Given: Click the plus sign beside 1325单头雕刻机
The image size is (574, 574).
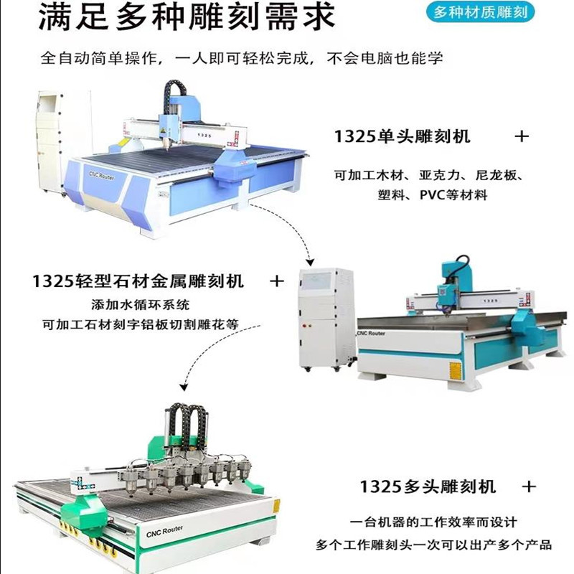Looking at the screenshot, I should [x=522, y=135].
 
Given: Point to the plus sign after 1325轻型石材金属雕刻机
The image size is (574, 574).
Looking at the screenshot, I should [x=276, y=281].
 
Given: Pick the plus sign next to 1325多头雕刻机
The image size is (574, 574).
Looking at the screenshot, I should [x=529, y=486].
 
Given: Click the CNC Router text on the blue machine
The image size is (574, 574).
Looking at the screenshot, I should [x=105, y=177].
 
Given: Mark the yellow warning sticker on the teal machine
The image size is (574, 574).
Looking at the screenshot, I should [x=454, y=369].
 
